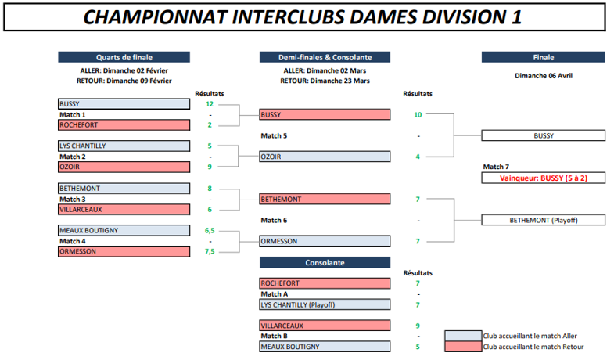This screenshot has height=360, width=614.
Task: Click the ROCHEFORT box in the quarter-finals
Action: [x=124, y=125]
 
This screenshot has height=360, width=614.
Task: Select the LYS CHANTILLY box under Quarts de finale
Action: [x=124, y=146]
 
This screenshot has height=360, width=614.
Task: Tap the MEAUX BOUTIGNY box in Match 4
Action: [x=124, y=230]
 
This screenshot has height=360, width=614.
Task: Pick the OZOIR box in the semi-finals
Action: [x=325, y=157]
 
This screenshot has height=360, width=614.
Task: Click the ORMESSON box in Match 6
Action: [x=325, y=241]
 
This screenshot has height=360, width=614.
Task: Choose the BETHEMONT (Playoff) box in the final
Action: [x=543, y=220]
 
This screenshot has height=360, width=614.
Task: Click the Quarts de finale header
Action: [x=124, y=57]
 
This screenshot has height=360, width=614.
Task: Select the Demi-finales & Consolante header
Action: [x=325, y=57]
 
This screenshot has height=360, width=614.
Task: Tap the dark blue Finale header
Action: [x=543, y=57]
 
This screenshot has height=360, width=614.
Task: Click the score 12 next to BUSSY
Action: [x=210, y=104]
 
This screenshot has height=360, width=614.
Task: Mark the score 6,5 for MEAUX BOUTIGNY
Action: [x=210, y=231]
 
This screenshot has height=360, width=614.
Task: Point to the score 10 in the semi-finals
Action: [x=418, y=115]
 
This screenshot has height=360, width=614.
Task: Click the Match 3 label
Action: [x=73, y=200]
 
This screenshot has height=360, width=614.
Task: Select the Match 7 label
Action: [x=496, y=167]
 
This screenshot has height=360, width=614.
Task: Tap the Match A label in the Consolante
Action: [x=274, y=294]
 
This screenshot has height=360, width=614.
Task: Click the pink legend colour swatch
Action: [x=463, y=347]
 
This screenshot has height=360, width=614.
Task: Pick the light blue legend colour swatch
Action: [x=463, y=336]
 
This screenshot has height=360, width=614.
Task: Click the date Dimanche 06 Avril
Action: [x=543, y=76]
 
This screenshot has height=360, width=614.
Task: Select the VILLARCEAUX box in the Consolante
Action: [x=325, y=326]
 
